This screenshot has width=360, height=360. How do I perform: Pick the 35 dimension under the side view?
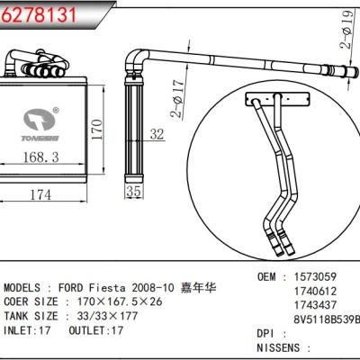[x=134, y=192]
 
